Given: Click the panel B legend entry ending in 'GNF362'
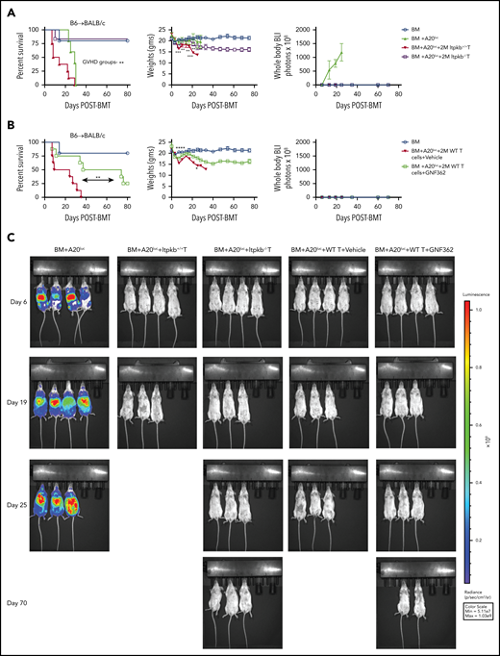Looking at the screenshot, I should pos(443,163).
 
